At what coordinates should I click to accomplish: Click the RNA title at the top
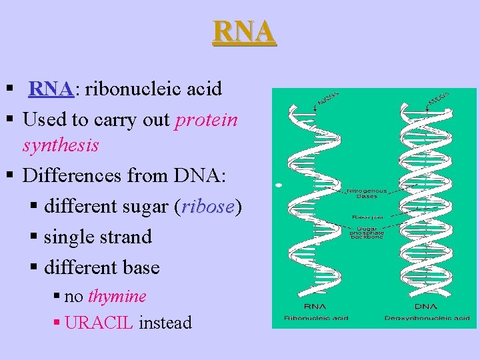pyautogui.click(x=243, y=31)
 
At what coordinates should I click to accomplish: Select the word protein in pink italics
pyautogui.click(x=206, y=119)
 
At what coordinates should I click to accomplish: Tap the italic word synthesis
pyautogui.click(x=61, y=145)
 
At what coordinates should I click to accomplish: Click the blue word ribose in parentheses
pyautogui.click(x=207, y=207)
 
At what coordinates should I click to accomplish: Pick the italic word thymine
pyautogui.click(x=117, y=296)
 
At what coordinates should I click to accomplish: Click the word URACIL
pyautogui.click(x=100, y=323)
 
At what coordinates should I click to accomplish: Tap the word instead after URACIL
pyautogui.click(x=165, y=323)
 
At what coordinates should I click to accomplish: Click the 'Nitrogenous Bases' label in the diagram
pyautogui.click(x=363, y=193)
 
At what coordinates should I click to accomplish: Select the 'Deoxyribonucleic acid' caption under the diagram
pyautogui.click(x=427, y=318)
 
